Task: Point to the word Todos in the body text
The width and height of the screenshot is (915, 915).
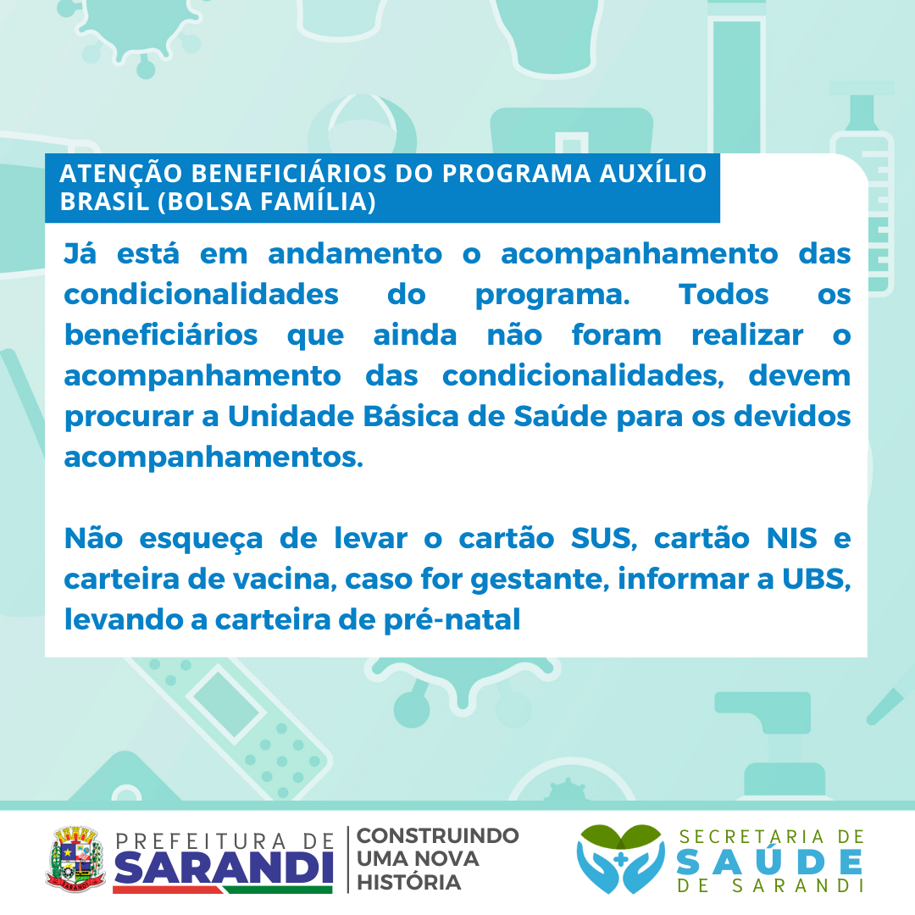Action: point(724,294)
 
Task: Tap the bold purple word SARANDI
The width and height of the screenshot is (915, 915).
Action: point(222,868)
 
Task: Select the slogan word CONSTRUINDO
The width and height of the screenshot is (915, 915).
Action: point(437,836)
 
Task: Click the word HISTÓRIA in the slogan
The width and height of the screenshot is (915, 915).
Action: point(408,882)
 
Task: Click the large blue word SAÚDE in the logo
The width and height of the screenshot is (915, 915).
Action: point(770,862)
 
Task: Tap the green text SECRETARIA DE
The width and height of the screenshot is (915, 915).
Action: point(770,836)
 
